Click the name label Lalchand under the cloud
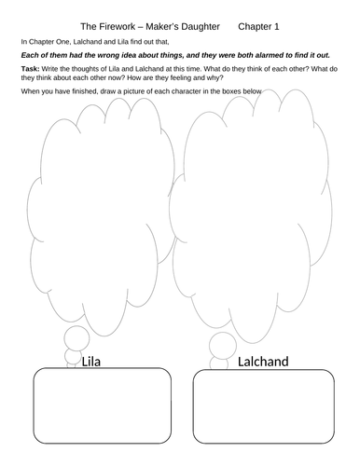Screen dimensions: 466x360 [265, 361]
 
